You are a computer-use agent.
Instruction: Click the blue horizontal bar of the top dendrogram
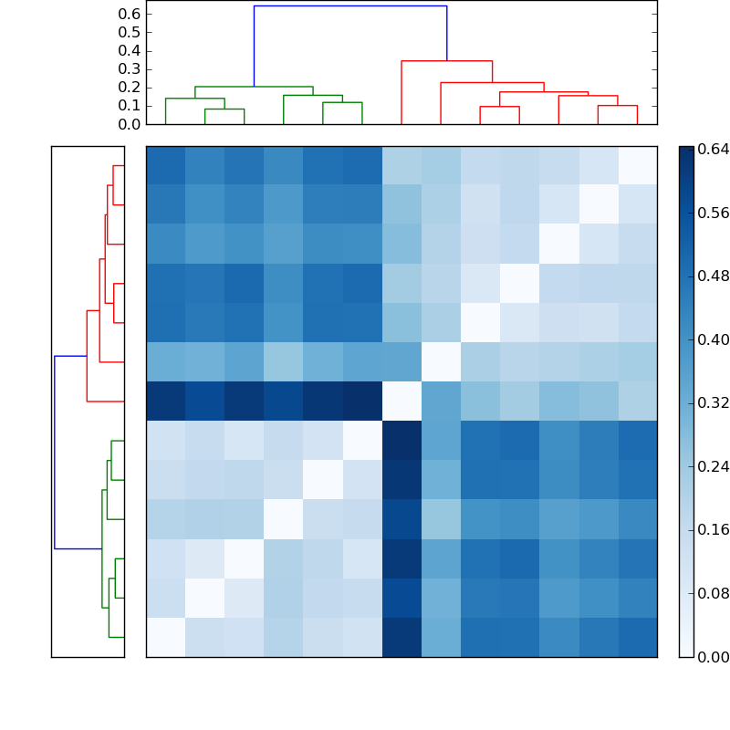click(x=350, y=6)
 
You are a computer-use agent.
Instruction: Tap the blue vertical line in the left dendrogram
click(x=55, y=452)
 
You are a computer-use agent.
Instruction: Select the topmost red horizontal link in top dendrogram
click(x=447, y=61)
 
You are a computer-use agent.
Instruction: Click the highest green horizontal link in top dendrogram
click(x=254, y=87)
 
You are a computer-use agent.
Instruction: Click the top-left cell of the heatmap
click(x=165, y=165)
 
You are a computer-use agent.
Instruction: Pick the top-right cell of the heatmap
click(x=637, y=165)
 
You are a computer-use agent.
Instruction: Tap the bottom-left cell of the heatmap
click(x=165, y=637)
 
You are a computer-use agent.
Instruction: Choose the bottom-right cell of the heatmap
click(x=637, y=637)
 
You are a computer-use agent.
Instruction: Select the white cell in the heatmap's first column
click(x=165, y=637)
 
